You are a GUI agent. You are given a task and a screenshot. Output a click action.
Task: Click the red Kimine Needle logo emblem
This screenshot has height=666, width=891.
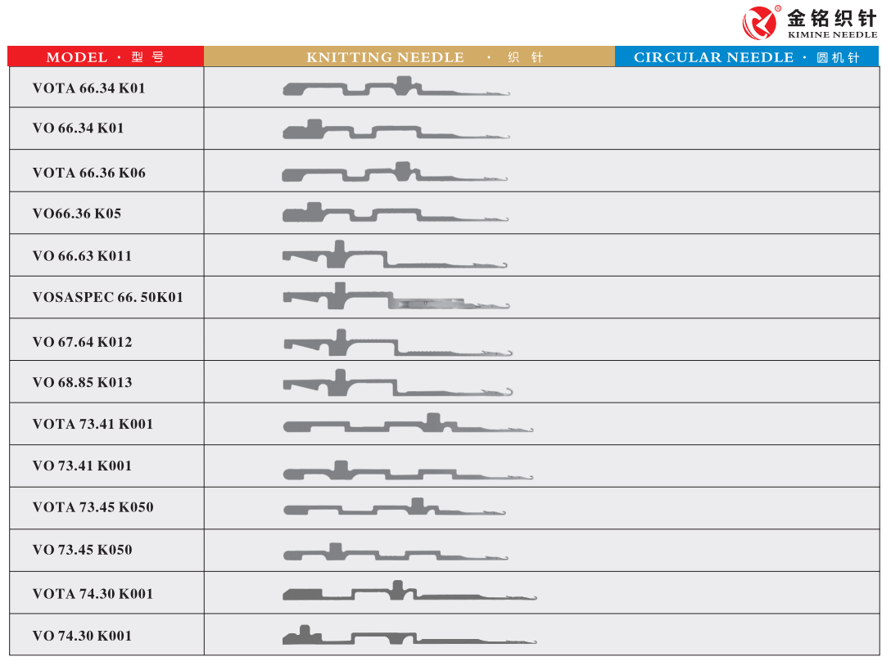coord(759,22)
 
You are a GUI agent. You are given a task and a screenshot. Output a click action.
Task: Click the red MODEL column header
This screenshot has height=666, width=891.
coord(106,57)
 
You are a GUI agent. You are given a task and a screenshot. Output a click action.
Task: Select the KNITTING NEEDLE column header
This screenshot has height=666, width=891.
coord(409,57)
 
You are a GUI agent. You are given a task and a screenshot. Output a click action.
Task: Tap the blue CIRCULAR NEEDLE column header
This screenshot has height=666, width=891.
coord(746,57)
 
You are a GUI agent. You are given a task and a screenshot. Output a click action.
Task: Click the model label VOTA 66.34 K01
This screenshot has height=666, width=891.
coord(88,88)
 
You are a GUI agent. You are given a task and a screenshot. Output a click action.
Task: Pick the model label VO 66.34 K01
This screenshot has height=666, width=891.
coord(78,128)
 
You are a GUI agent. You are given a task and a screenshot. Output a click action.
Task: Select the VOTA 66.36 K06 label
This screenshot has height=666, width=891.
coord(88,173)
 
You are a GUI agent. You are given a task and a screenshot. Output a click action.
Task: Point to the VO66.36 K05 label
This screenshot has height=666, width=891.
coord(76,214)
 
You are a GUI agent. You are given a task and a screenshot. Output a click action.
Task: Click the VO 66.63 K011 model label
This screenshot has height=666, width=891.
coord(82,256)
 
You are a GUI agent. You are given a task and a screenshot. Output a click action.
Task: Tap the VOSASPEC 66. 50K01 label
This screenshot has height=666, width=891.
coord(107,297)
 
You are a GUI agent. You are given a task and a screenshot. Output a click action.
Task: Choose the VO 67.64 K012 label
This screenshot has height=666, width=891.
coord(82,342)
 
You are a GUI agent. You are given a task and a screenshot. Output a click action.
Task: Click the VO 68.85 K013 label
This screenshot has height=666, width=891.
coord(82,382)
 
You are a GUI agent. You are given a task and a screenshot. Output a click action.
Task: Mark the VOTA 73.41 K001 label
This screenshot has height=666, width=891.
coord(93,424)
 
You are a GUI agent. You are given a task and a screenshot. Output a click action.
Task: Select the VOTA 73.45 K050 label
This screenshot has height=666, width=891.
coord(93,507)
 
